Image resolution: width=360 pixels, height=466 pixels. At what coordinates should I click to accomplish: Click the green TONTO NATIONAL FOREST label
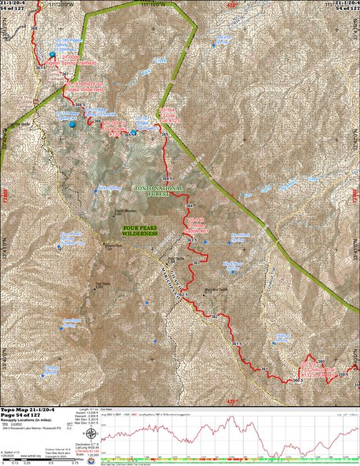[158, 191]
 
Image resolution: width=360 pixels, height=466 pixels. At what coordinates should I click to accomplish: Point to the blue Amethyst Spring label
[49, 322]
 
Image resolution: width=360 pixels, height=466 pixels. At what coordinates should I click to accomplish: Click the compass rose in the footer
[92, 432]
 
